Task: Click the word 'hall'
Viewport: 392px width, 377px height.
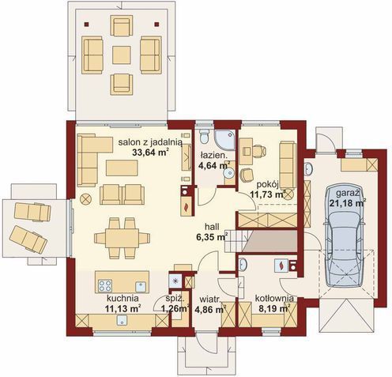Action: coord(211,224)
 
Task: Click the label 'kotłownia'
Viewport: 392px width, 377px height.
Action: coord(275,299)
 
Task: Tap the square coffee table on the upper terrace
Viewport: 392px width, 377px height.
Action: coord(121,55)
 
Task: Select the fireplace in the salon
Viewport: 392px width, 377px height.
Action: coord(186,204)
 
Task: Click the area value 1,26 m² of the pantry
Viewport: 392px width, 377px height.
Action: coord(175,310)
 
